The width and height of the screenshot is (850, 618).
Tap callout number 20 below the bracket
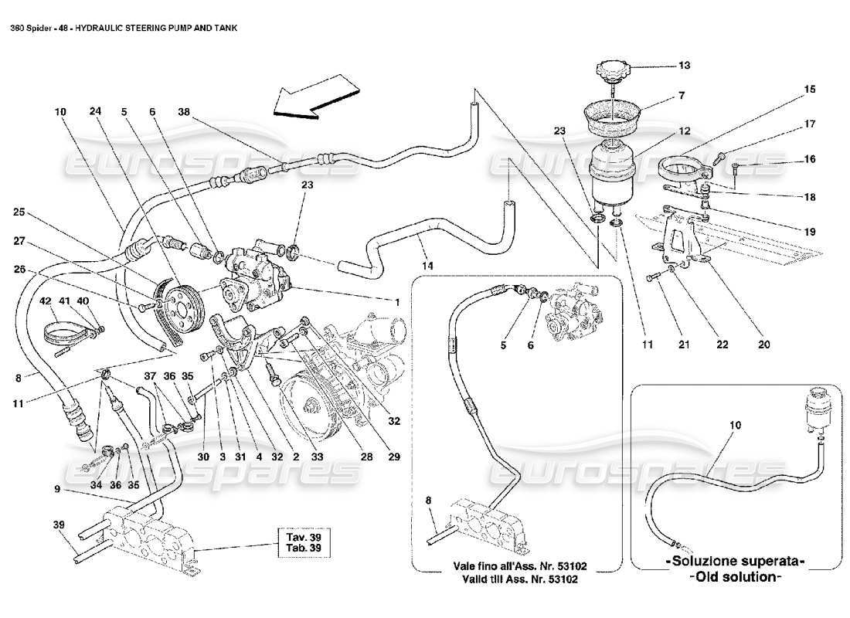point(763,345)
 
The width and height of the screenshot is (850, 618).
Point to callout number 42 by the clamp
point(45,301)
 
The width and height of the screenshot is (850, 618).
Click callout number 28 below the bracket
point(366,457)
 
